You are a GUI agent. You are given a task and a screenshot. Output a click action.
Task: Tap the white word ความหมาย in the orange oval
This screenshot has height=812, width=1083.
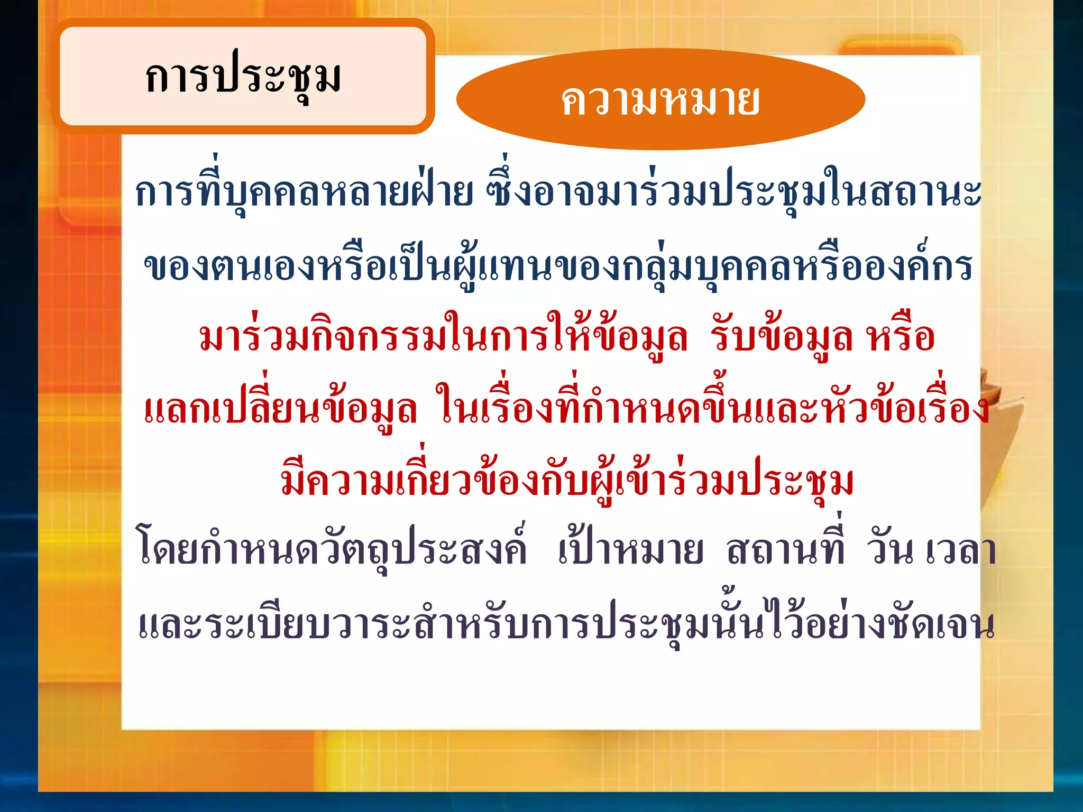point(660,100)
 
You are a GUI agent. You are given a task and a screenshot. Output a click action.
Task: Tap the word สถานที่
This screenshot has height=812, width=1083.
point(786,550)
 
